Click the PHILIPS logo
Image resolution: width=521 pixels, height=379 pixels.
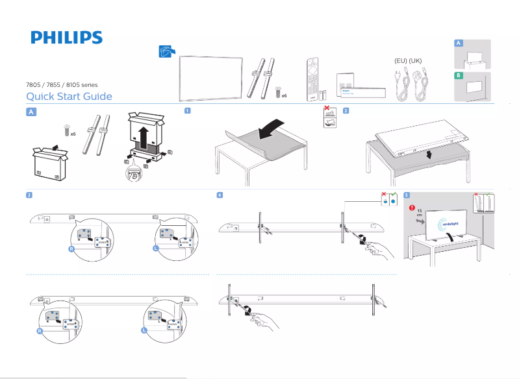point(66,37)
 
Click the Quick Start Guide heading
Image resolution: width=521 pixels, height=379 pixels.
point(69,97)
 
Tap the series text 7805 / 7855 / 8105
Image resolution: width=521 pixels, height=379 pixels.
point(61,85)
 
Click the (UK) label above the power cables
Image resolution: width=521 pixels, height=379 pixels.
point(415,61)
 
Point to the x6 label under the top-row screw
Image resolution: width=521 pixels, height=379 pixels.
point(285,95)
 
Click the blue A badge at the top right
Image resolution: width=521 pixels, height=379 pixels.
point(459,43)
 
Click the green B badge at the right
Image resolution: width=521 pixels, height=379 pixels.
point(459,76)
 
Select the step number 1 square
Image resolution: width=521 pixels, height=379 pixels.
point(187,110)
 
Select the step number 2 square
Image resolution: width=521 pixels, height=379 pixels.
point(346,110)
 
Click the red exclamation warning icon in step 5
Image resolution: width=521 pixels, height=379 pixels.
point(412,208)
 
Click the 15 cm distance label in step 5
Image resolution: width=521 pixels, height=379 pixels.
point(419,214)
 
